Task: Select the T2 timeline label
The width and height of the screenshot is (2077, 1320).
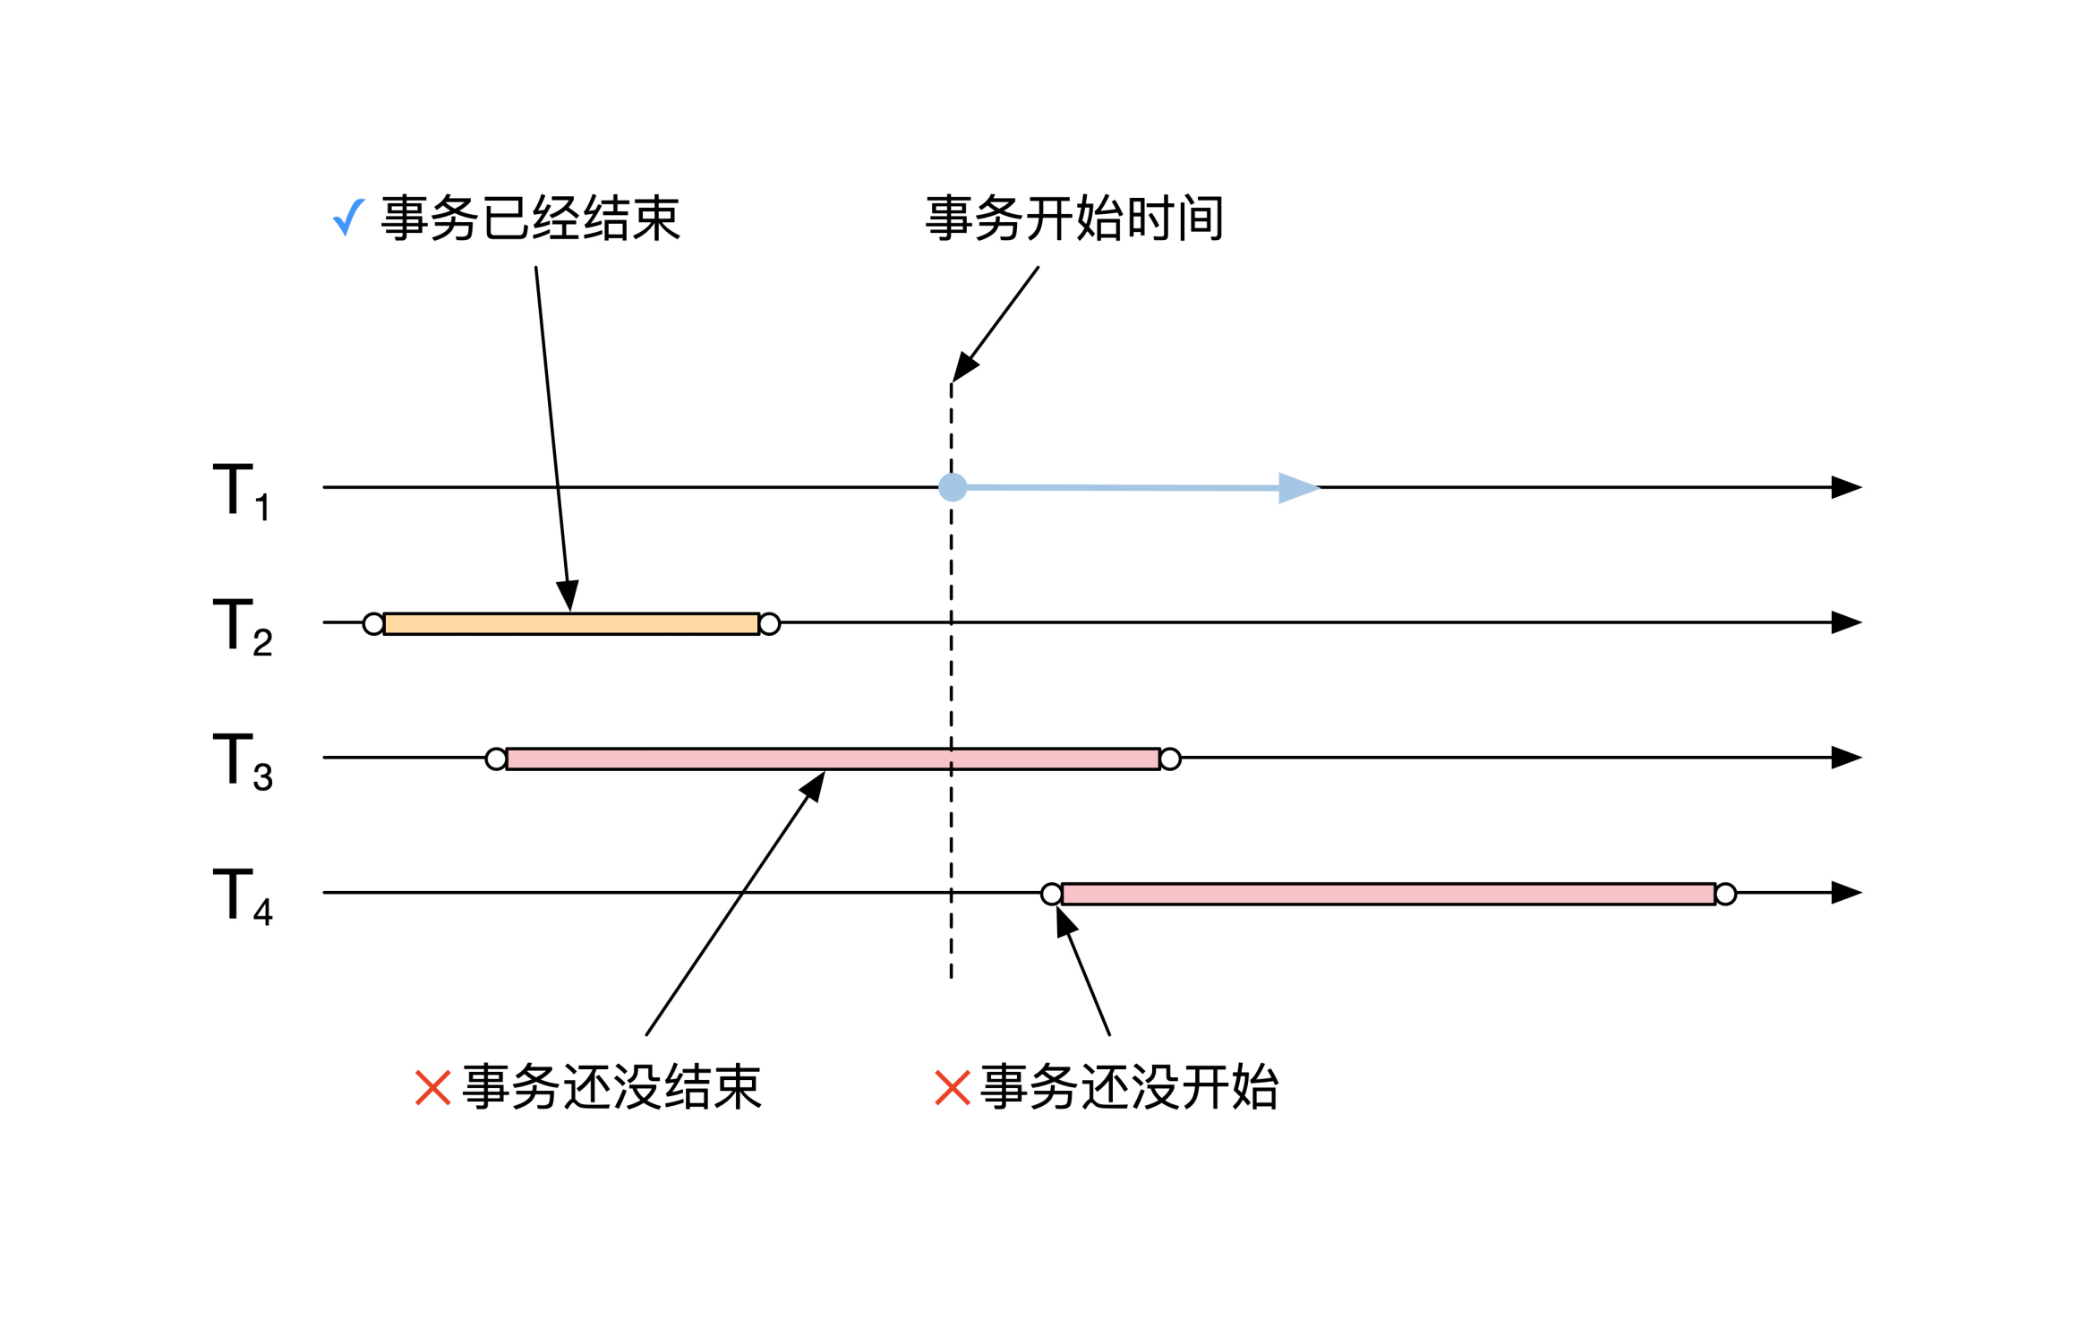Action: [x=242, y=626]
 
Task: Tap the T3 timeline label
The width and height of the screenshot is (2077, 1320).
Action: [x=242, y=761]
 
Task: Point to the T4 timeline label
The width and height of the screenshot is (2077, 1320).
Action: [x=242, y=896]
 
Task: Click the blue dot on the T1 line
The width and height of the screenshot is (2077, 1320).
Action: [x=953, y=487]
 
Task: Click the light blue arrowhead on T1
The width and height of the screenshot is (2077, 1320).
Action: [x=1297, y=488]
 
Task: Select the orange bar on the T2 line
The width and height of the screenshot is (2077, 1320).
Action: [x=571, y=624]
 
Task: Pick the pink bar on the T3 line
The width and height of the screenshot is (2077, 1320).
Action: [x=833, y=759]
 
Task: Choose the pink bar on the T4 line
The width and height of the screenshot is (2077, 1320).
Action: [x=1388, y=894]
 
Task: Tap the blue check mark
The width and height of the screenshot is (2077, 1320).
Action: [x=348, y=217]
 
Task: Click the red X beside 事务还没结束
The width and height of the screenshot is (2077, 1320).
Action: [x=432, y=1088]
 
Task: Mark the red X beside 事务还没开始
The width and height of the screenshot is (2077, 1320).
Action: [x=952, y=1088]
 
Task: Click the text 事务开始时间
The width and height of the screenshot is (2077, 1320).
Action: [x=1074, y=219]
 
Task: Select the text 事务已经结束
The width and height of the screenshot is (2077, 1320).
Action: [x=531, y=219]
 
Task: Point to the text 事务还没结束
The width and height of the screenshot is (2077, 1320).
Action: [x=611, y=1088]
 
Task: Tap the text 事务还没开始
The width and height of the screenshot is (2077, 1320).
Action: [x=1130, y=1088]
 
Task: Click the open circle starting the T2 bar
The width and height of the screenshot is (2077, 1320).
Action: [x=373, y=624]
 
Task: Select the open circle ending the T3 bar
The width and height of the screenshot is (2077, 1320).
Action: [x=1170, y=759]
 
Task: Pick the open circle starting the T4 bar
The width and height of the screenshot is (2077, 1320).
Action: [x=1051, y=894]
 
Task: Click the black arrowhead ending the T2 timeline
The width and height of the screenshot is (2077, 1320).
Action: [x=1846, y=622]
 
